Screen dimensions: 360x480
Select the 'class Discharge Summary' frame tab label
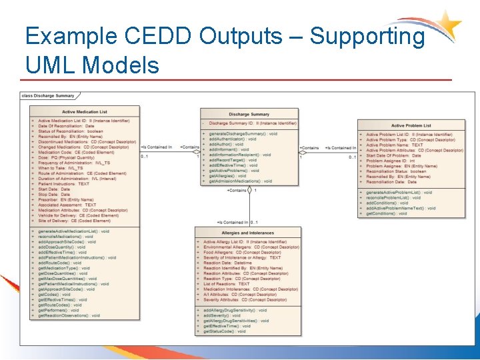point(47,95)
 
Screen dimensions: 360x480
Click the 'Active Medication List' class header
point(84,112)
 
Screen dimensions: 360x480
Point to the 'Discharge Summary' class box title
point(249,114)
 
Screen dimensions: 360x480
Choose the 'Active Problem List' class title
point(411,125)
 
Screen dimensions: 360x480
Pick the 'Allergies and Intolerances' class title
point(247,233)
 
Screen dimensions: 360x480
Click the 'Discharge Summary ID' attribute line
point(253,123)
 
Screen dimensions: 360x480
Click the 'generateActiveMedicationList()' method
point(74,231)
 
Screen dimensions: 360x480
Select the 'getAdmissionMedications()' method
point(241,181)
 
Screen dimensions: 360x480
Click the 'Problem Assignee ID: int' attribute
point(391,161)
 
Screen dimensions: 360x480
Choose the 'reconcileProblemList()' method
point(393,197)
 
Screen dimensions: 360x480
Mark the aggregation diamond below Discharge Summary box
point(247,190)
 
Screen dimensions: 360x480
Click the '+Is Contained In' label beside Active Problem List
point(340,147)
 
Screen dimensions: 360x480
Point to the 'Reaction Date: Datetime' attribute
point(228,263)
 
